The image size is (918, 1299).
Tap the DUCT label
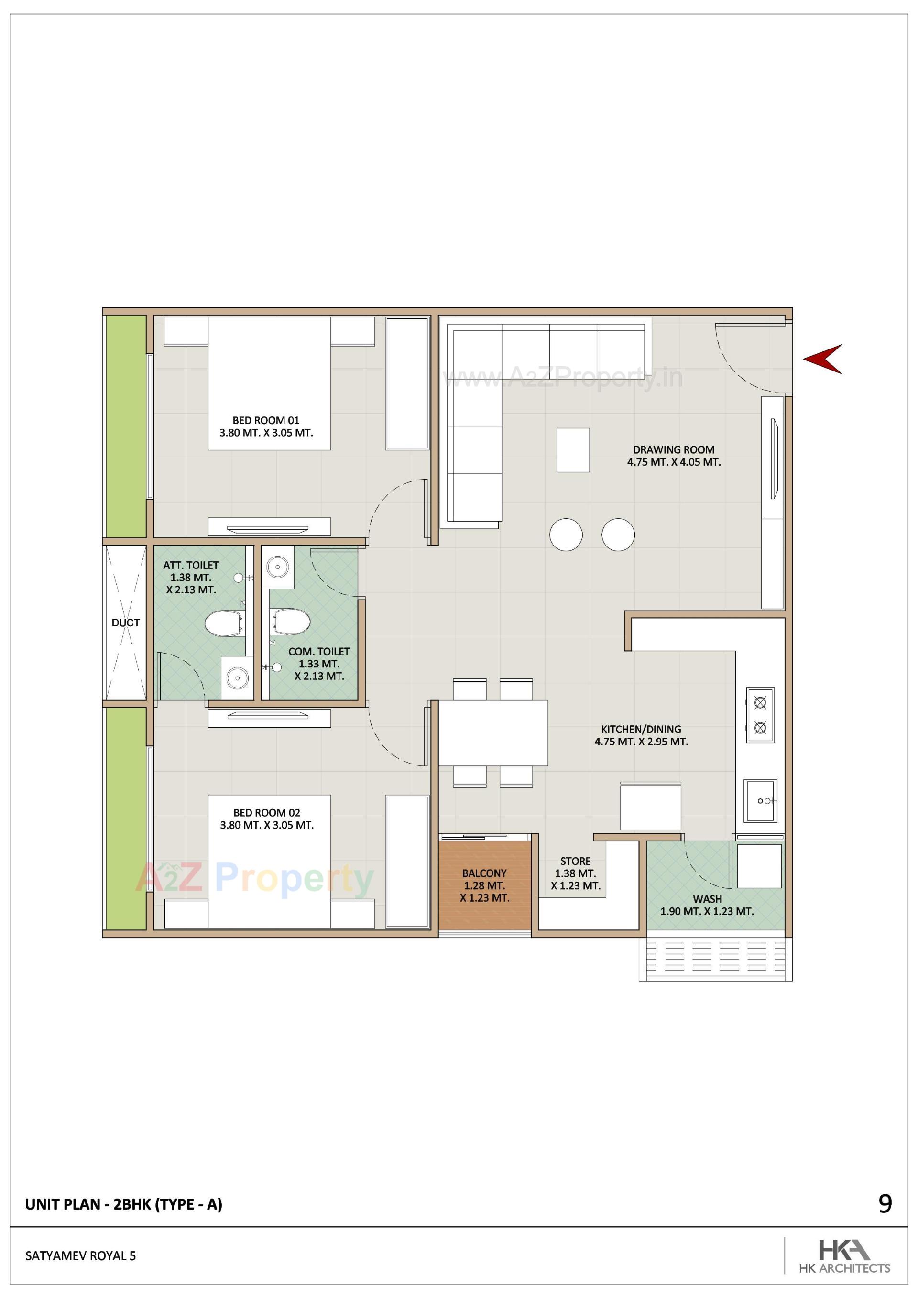point(126,622)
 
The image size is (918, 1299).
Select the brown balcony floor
point(484,885)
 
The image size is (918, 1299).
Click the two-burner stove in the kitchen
point(760,715)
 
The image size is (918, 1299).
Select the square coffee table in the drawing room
point(573,450)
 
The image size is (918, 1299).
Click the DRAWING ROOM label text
point(674,450)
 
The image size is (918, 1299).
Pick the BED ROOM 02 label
point(267,812)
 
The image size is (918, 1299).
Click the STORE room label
point(576,861)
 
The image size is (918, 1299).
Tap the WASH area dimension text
point(707,911)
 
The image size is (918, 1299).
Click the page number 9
point(885,1204)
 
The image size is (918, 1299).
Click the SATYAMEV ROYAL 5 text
point(80,1256)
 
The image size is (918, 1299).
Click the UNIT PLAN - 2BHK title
point(124,1204)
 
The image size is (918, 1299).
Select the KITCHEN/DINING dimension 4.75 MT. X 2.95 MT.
point(641,742)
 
